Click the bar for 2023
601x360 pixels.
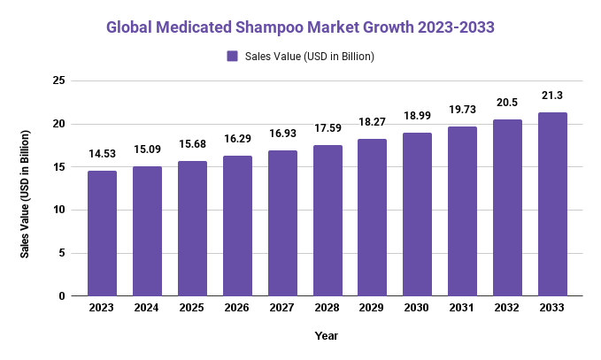point(102,234)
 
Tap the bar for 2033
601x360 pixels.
point(552,204)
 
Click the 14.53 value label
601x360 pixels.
point(102,155)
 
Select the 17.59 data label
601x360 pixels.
point(327,128)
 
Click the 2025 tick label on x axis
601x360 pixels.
point(192,308)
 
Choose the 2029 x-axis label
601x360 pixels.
point(372,308)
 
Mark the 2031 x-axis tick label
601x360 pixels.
point(462,308)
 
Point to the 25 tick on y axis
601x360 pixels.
point(59,80)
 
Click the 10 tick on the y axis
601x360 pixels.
point(59,210)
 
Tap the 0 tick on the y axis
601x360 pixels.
point(62,296)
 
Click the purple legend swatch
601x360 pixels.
point(233,57)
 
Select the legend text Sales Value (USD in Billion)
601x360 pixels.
point(309,57)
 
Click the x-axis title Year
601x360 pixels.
point(327,336)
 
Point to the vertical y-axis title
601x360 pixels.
point(26,194)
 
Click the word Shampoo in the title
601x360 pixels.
point(287,27)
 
